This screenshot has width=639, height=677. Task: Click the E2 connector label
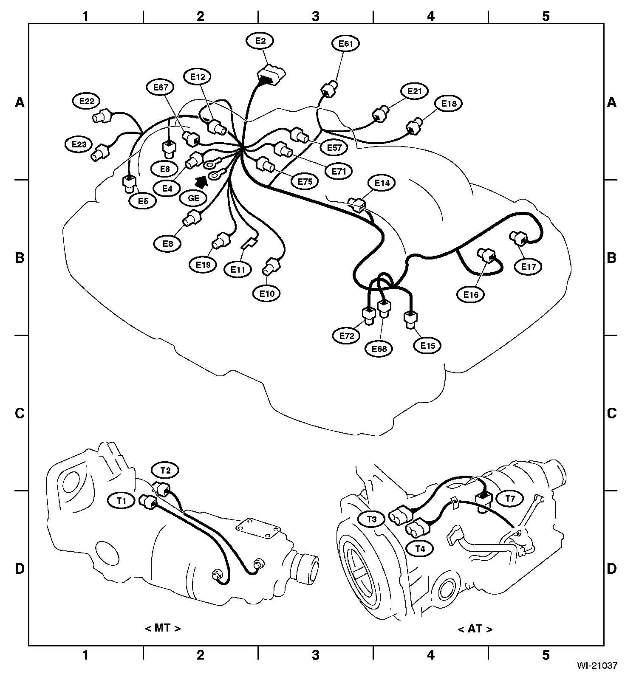(260, 41)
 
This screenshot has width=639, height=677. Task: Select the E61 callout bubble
(345, 44)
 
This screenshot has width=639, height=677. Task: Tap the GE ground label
(193, 198)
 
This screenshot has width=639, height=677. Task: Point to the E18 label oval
(448, 104)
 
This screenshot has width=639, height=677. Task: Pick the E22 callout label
(86, 101)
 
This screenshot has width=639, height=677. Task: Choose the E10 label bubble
(266, 293)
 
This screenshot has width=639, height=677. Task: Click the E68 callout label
(379, 349)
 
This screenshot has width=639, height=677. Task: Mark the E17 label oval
(529, 267)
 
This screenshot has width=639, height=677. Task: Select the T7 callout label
(510, 499)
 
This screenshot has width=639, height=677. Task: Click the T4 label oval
(420, 548)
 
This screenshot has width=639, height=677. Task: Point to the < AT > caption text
(475, 629)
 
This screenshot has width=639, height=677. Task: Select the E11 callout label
(238, 269)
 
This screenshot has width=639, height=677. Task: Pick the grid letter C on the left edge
(20, 413)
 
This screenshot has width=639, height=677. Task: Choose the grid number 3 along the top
(315, 16)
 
